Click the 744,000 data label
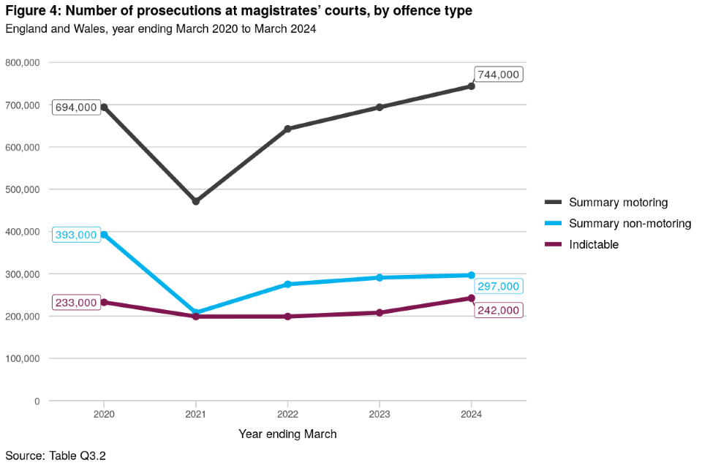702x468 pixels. (x=498, y=75)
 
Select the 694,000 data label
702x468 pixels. (x=76, y=107)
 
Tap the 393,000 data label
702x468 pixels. (x=76, y=235)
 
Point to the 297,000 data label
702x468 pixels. (x=498, y=287)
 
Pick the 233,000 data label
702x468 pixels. (x=76, y=303)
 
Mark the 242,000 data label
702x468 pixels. (x=498, y=310)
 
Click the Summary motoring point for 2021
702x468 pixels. (x=196, y=201)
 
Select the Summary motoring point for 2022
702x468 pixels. (x=287, y=129)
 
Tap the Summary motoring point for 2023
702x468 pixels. (x=380, y=107)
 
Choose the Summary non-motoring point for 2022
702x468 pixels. (x=287, y=284)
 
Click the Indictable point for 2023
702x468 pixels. (x=380, y=313)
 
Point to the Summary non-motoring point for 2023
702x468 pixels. (x=380, y=278)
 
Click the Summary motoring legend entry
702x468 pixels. (x=618, y=203)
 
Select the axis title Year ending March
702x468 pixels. (x=287, y=434)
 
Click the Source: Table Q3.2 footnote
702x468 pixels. (x=56, y=456)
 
